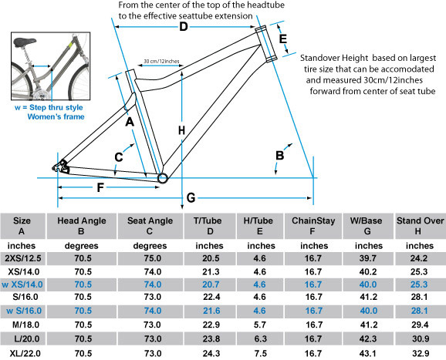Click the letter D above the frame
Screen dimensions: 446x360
coord(184,27)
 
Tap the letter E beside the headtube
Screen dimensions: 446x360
coord(282,39)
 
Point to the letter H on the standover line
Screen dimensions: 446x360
coord(181,130)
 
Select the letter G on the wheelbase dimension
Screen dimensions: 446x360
coord(191,198)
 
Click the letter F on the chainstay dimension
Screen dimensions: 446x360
coord(100,187)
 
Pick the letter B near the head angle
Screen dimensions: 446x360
coord(280,156)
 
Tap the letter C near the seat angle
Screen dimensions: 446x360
coord(119,156)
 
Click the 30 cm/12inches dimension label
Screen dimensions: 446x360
coord(161,62)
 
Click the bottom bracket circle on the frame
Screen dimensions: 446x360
coord(163,178)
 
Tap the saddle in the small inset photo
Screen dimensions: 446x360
coord(25,42)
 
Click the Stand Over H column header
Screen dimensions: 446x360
coord(420,226)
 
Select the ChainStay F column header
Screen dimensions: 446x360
coord(313,226)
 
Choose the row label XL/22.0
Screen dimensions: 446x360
coord(25,354)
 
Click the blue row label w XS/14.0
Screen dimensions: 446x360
coord(22,284)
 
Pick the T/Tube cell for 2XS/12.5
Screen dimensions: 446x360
coord(211,258)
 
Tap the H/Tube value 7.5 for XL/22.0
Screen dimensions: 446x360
coord(260,354)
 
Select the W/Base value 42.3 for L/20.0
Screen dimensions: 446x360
coord(368,338)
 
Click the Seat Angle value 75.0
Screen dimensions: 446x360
coord(153,258)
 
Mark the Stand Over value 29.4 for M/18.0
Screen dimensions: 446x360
coord(420,325)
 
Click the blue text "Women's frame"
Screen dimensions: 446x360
coord(56,116)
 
